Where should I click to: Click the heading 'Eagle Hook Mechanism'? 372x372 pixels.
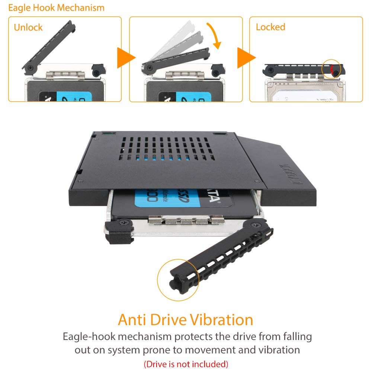[x=56, y=8]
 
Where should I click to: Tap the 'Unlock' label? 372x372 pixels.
[x=28, y=28]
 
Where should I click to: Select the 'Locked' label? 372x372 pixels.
[x=270, y=27]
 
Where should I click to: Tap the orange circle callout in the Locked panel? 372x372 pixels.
[x=332, y=69]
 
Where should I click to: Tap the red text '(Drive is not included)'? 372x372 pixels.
[x=186, y=363]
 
